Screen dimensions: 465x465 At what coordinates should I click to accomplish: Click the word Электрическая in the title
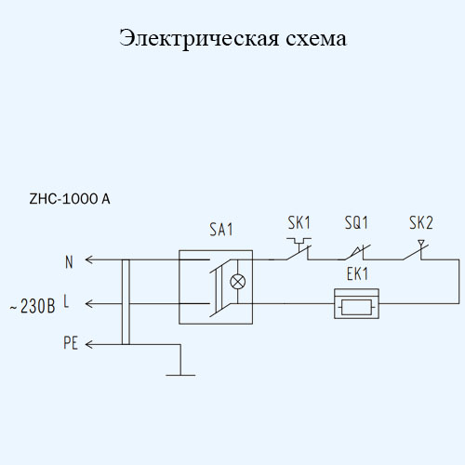[x=199, y=39]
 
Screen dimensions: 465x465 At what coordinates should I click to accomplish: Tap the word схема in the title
[x=316, y=39]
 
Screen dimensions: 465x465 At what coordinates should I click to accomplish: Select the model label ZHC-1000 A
[x=70, y=199]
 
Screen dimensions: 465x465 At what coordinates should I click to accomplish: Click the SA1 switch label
[x=220, y=230]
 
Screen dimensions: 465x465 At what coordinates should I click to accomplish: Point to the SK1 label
[x=299, y=222]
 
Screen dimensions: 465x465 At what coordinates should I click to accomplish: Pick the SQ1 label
[x=356, y=222]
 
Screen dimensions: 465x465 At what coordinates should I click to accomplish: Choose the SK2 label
[x=421, y=222]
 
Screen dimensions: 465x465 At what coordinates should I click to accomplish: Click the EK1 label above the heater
[x=357, y=274]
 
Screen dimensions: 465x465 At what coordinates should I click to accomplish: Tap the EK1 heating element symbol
[x=356, y=304]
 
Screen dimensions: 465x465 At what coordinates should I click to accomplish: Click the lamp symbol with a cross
[x=238, y=282]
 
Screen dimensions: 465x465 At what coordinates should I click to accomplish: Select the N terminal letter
[x=69, y=262]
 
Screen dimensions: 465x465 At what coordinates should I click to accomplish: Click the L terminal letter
[x=66, y=301]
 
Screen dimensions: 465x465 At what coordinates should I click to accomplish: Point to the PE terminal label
[x=71, y=343]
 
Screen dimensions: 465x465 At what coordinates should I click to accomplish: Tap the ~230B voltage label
[x=33, y=306]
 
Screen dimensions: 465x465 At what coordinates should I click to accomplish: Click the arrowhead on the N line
[x=89, y=259]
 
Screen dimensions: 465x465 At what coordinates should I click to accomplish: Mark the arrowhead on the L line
[x=89, y=304]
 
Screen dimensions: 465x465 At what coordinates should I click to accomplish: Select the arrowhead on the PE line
[x=89, y=344]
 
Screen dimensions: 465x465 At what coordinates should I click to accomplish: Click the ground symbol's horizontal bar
[x=180, y=375]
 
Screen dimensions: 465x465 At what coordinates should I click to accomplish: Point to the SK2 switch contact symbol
[x=417, y=250]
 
